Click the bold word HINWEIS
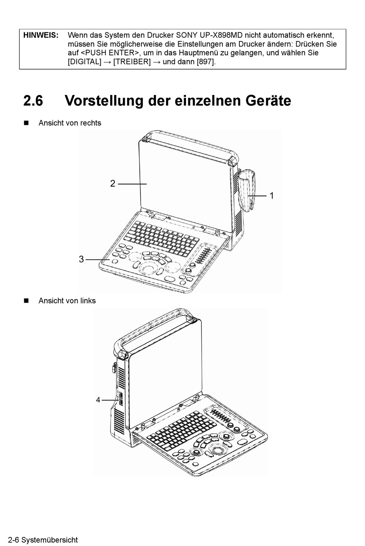41,35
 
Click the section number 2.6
33,101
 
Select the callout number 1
272,196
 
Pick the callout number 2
113,184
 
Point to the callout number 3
81,260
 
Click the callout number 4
98,400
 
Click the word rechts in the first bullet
91,123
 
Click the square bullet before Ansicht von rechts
26,123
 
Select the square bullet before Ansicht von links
26,301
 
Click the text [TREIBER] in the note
132,62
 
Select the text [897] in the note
206,62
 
